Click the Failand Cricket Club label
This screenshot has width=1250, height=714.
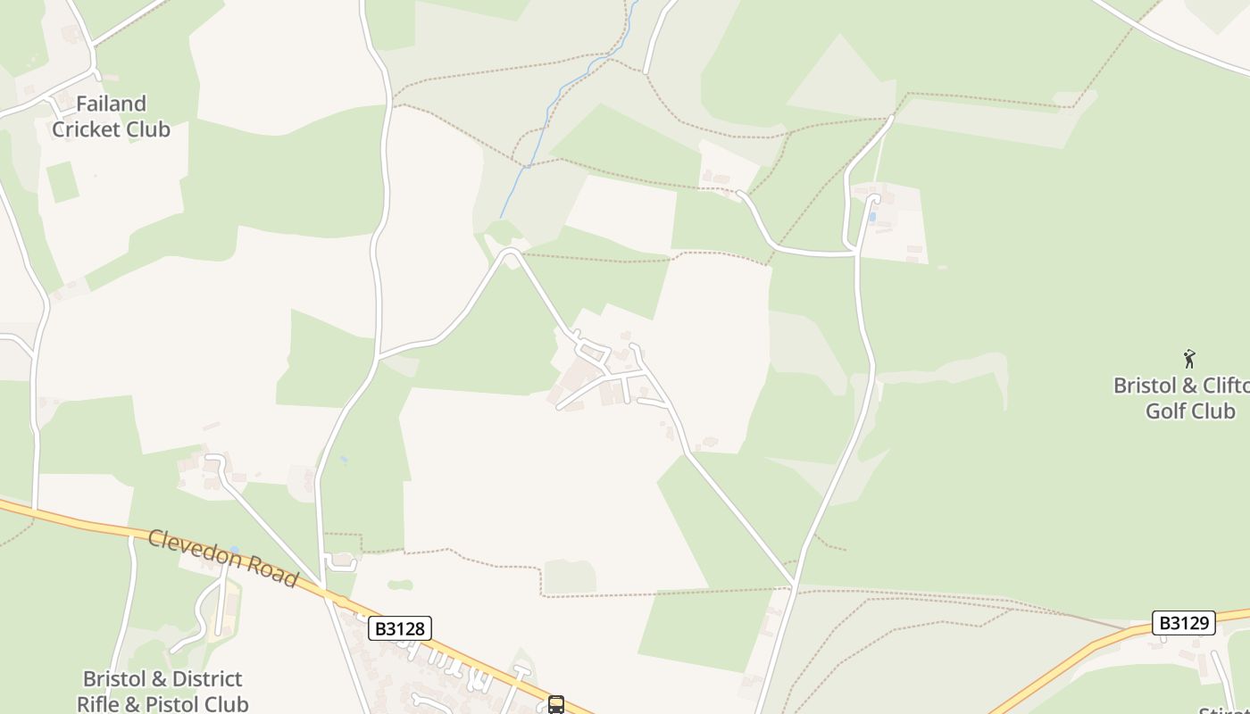pos(111,117)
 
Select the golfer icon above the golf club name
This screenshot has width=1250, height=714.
pos(1189,359)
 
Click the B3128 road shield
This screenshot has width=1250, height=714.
pos(400,628)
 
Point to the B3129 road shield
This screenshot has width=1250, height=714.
pos(1185,623)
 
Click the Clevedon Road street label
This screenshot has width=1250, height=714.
pos(223,558)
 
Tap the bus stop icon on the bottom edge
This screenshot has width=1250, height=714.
pos(556,705)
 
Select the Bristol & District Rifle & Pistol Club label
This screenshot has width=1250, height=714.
pos(162,692)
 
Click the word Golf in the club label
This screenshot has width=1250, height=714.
pos(1166,411)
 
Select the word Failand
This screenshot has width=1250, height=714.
pos(112,104)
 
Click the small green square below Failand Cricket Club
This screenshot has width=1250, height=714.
pos(62,181)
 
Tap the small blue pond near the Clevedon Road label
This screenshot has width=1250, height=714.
pos(234,550)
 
